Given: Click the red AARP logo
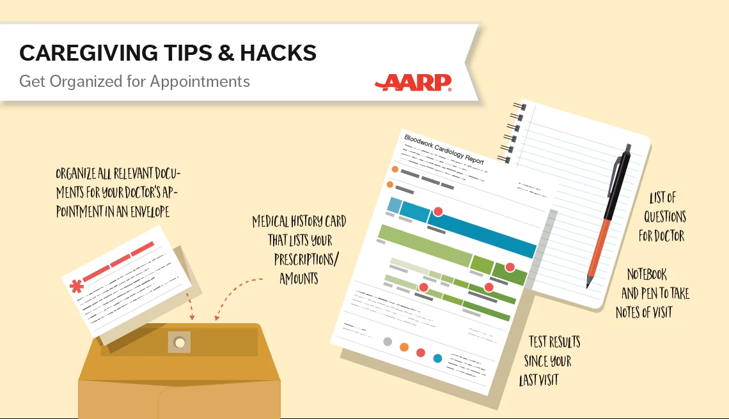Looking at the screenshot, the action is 413,82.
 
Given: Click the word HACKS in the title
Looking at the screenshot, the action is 278,53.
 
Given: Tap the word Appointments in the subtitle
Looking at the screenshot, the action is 200,82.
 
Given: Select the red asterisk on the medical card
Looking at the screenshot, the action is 77,287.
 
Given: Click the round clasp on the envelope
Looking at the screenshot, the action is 180,343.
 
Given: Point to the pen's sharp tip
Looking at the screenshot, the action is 588,287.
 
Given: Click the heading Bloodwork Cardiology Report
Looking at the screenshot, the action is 444,149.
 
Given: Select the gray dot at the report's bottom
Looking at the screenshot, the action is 388,342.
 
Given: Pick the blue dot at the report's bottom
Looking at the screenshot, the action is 437,358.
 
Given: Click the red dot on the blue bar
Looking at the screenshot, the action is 438,212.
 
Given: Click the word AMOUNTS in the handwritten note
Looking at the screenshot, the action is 299,278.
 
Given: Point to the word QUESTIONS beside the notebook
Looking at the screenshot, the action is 665,217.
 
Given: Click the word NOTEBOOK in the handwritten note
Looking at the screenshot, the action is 647,274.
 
